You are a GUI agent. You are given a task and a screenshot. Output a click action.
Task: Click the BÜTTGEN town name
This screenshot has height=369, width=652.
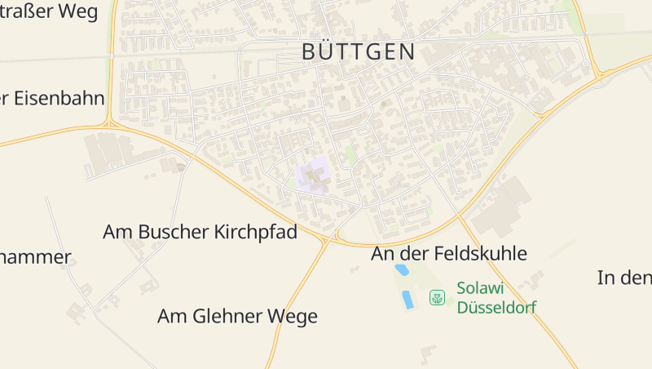pos(359,52)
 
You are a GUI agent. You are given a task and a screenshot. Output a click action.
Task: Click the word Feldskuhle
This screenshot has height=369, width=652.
pos(480,254)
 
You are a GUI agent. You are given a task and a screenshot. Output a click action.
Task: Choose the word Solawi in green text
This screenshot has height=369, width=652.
pos(481,288)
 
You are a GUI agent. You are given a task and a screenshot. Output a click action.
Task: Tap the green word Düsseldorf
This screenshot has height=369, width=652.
pos(496,308)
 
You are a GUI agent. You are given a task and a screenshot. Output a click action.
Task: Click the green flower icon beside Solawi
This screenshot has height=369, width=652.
pos(438,298)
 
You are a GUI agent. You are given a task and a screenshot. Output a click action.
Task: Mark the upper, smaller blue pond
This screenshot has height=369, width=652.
pos(401,269)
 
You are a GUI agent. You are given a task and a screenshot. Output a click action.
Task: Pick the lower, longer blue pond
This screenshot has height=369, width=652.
pos(407,300)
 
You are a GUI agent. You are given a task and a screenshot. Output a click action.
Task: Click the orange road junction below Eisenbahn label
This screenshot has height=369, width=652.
pos(109,124)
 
